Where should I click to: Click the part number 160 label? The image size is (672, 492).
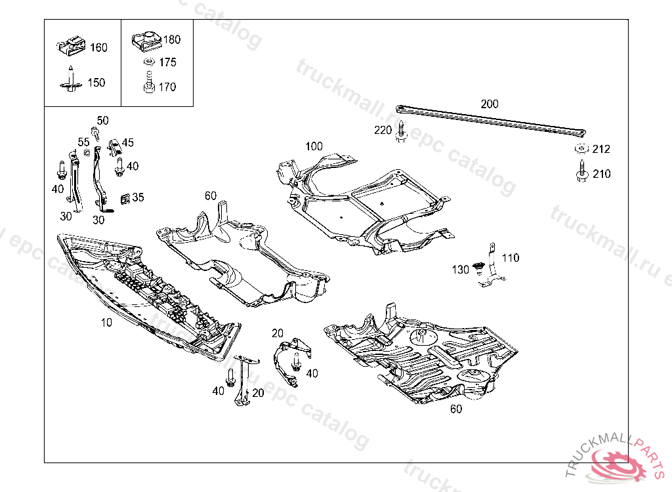click(x=98, y=48)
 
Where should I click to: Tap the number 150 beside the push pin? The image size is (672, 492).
click(x=96, y=83)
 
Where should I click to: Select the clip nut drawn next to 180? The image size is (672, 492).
click(x=146, y=41)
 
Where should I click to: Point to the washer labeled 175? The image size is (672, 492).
click(x=148, y=62)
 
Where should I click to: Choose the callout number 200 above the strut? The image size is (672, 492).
click(x=490, y=104)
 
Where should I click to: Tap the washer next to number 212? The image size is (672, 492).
click(x=581, y=148)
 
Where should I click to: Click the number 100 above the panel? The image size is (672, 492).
click(x=314, y=146)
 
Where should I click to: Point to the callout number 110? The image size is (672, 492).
click(x=511, y=258)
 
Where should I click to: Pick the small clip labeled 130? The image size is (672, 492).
click(x=478, y=268)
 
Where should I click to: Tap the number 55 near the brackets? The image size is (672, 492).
click(x=83, y=142)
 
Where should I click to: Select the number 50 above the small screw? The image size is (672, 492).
click(x=103, y=121)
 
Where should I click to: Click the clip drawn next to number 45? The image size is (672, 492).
click(x=114, y=144)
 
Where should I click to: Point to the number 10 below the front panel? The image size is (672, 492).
click(x=106, y=322)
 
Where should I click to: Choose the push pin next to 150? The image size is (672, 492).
click(x=71, y=81)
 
